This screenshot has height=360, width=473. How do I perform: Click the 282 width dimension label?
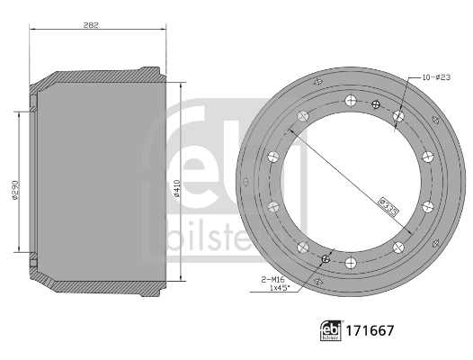click(91, 25)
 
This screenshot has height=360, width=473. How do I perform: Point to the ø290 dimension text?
click(15, 190)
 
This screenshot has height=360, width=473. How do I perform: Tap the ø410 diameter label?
click(177, 189)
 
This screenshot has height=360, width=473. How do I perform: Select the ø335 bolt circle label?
click(388, 207)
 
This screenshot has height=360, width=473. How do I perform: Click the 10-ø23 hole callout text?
click(436, 77)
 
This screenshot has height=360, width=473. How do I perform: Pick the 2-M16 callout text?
click(273, 280)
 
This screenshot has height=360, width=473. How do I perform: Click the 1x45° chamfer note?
click(280, 287)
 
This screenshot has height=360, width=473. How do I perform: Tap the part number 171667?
click(370, 330)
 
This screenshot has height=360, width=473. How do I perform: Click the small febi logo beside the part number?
click(331, 330)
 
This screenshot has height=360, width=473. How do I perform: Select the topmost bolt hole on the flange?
click(351, 101)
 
